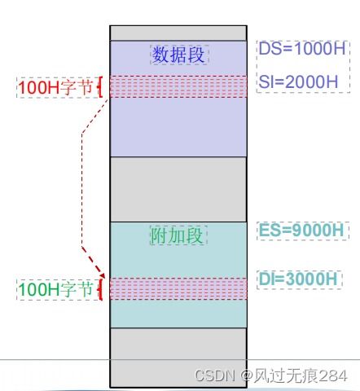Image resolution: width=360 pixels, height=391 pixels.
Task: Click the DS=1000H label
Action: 302,49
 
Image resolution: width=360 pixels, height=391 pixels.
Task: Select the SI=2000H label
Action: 298,81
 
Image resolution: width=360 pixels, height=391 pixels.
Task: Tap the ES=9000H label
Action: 301,230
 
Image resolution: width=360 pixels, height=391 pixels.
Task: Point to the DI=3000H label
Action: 298,279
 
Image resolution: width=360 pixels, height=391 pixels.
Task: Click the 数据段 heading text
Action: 178,55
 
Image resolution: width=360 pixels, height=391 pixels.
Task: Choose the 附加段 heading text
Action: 177,235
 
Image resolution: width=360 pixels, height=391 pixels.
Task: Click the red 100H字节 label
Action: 55,87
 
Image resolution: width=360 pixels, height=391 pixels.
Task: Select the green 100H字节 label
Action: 55,289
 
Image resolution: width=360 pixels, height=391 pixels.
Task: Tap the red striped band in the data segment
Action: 178,86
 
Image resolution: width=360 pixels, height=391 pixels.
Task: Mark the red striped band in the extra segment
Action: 178,288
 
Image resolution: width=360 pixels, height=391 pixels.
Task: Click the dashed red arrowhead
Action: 101,274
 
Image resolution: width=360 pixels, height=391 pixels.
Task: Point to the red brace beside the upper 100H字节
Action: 101,87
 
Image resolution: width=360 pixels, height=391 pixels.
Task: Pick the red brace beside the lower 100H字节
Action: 101,289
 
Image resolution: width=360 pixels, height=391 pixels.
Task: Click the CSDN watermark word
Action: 215,376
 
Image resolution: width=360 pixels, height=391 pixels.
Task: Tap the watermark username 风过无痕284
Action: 300,376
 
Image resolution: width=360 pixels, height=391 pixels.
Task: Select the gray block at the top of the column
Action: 178,33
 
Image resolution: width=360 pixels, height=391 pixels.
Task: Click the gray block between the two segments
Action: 178,190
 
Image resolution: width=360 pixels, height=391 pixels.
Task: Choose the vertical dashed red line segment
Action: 82,190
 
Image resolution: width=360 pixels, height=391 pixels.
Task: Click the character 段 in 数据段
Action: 196,55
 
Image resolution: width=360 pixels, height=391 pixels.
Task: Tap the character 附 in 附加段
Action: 159,235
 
